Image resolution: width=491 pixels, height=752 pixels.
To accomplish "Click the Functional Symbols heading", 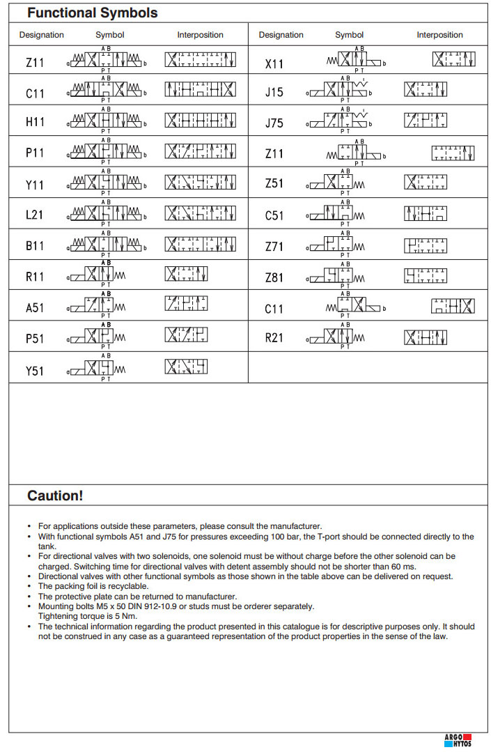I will [x=92, y=13].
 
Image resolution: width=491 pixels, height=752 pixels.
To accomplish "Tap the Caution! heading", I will [x=55, y=496].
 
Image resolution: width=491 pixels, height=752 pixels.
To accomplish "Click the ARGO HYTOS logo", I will [x=458, y=740].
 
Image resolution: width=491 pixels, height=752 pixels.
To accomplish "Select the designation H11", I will [x=35, y=122].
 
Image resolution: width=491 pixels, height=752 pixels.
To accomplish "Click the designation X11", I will [x=274, y=64].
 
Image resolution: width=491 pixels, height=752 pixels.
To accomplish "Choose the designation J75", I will [x=274, y=123].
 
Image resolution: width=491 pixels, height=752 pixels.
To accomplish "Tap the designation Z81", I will [x=274, y=277].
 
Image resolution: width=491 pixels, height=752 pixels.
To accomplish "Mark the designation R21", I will [x=274, y=339].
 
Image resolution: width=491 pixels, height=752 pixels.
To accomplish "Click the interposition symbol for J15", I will [x=426, y=90].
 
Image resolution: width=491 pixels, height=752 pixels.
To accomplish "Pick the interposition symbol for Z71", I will [x=426, y=246].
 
